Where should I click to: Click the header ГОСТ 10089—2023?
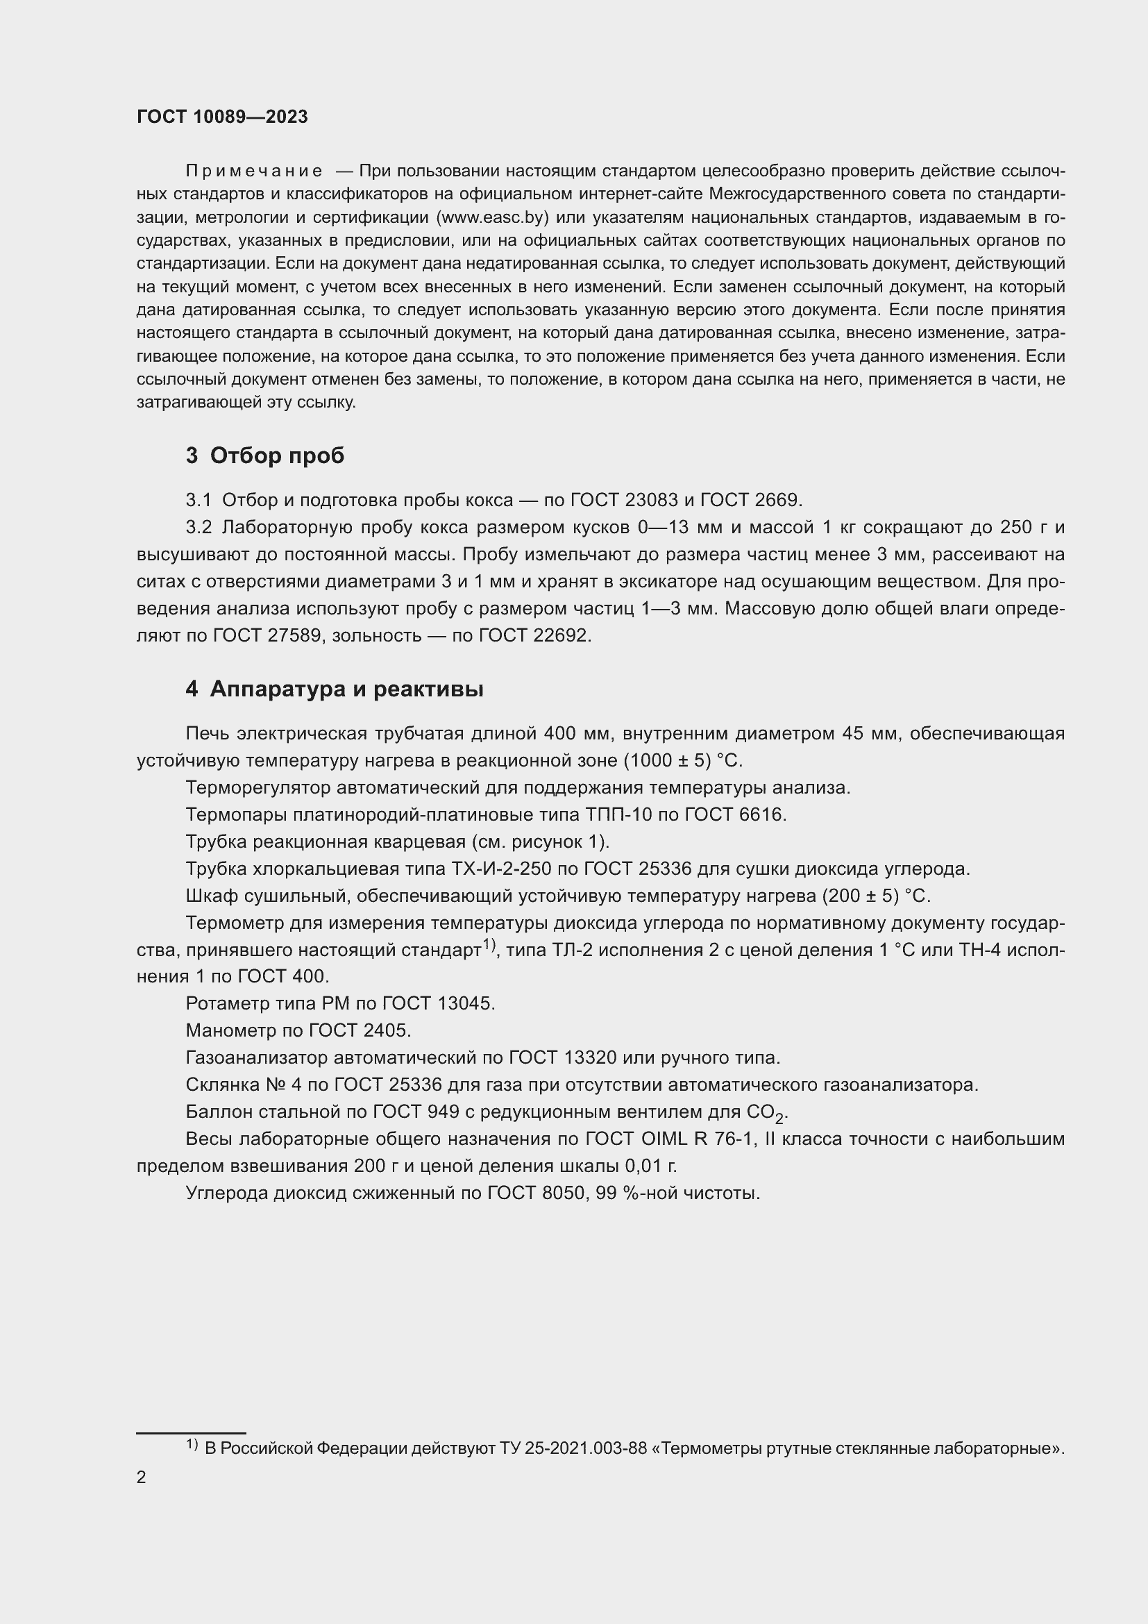(222, 117)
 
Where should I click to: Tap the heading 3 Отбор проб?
(265, 455)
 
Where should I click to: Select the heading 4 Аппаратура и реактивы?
(335, 689)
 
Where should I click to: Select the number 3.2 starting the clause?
(199, 528)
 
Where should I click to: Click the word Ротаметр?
(227, 1003)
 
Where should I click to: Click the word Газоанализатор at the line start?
(256, 1057)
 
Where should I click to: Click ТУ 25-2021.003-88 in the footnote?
(573, 1448)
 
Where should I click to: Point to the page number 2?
(142, 1477)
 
